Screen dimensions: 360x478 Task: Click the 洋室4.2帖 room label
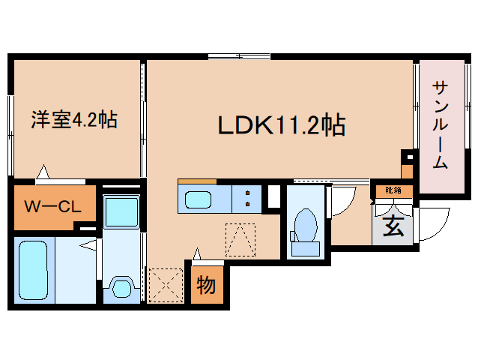coord(73,119)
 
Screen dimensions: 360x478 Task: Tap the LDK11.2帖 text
coord(281,124)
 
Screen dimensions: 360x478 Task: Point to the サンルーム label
coord(440,126)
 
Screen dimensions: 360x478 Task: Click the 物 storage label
coord(206,284)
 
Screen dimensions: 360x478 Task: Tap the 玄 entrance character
coord(392,226)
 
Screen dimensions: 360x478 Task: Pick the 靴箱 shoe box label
coord(393,190)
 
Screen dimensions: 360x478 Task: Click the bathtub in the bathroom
coord(33,270)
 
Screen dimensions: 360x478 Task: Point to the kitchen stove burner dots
coord(246,200)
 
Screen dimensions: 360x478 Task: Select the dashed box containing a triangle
coord(241,239)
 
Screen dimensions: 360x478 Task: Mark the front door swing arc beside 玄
coord(427,225)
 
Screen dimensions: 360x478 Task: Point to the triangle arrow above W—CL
coord(43,172)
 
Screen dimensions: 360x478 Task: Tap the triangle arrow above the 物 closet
coord(197,254)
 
